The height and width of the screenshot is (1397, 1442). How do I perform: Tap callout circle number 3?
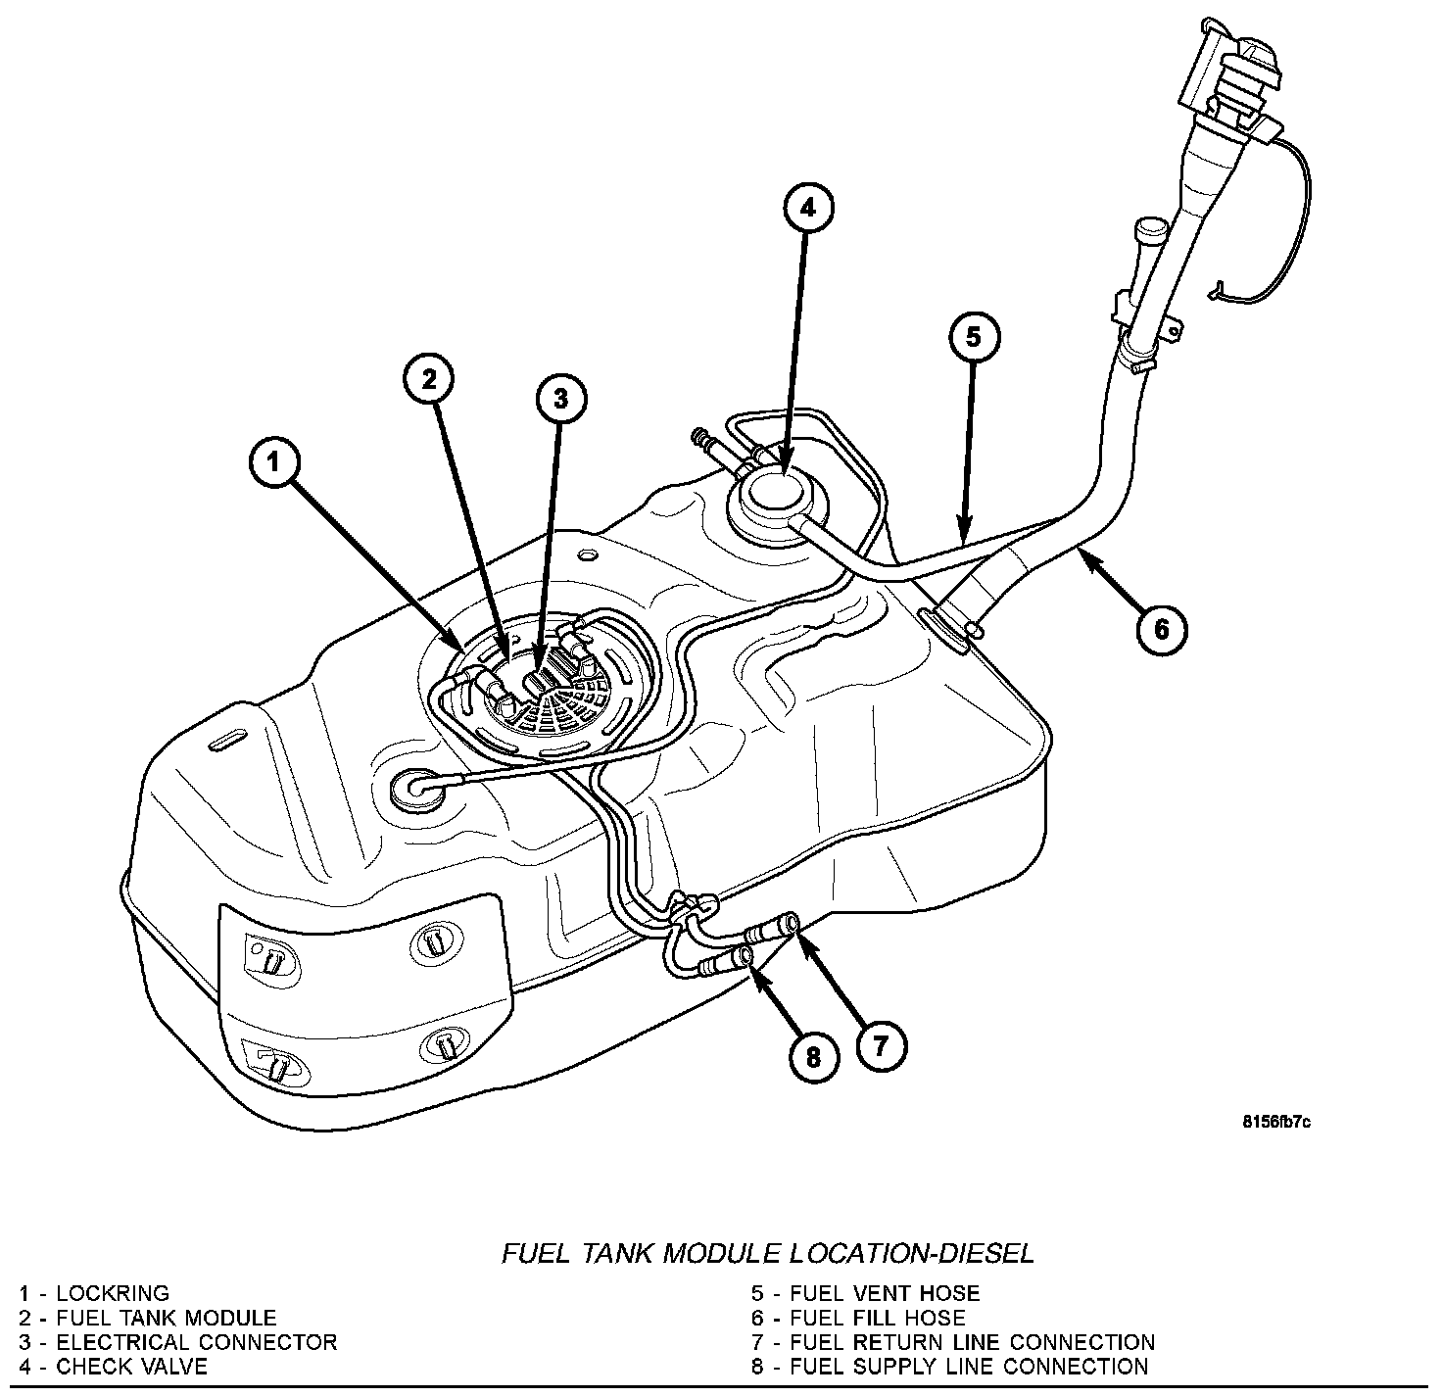click(560, 399)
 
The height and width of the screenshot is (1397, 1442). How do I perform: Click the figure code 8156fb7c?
click(1275, 1122)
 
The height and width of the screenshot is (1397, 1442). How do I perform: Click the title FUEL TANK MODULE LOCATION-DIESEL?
click(768, 1253)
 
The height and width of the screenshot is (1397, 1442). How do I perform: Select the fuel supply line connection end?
click(746, 955)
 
